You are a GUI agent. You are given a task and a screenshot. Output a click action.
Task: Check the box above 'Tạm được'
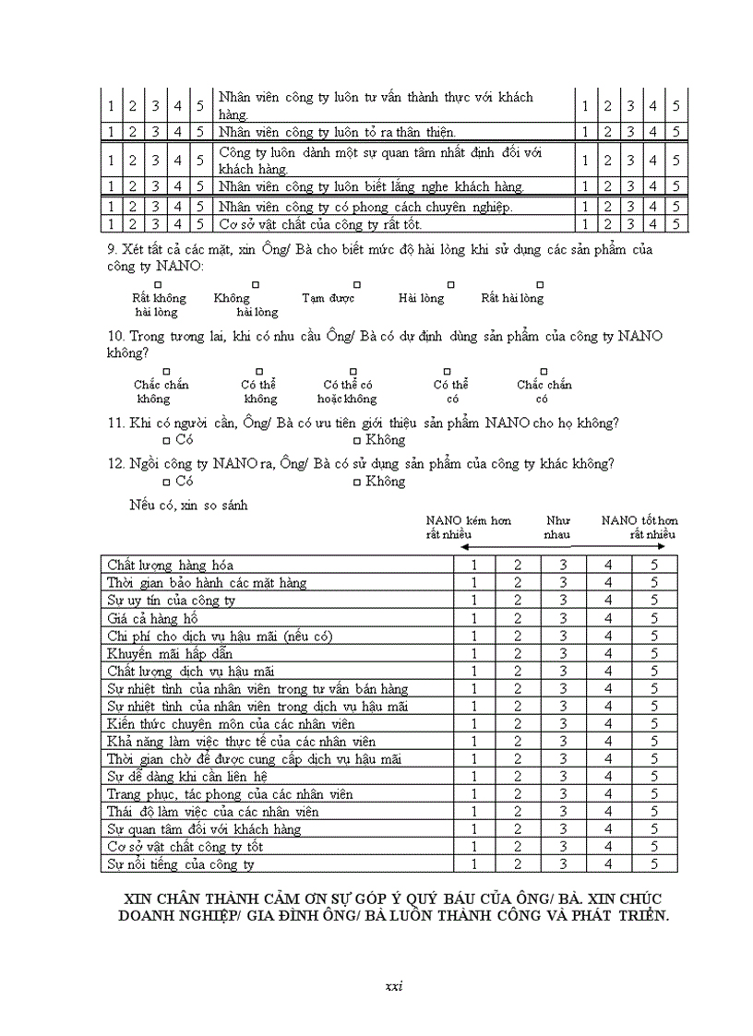[x=357, y=285]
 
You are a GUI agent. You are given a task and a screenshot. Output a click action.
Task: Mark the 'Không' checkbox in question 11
[x=357, y=441]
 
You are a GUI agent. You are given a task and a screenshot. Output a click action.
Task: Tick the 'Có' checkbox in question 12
[x=166, y=482]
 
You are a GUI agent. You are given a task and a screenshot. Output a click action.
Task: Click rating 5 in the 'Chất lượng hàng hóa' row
[x=653, y=565]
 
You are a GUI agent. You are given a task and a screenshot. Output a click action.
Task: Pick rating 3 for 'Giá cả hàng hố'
[x=563, y=617]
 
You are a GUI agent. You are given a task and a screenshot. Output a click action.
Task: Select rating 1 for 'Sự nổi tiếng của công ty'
[x=474, y=864]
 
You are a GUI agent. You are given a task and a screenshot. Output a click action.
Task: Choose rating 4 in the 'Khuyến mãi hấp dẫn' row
[x=608, y=653]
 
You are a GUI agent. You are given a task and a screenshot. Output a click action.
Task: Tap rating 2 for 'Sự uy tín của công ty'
[x=519, y=601]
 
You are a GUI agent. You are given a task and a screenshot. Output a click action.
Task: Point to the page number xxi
[x=394, y=986]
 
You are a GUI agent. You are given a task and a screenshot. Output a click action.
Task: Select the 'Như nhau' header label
[x=557, y=527]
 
